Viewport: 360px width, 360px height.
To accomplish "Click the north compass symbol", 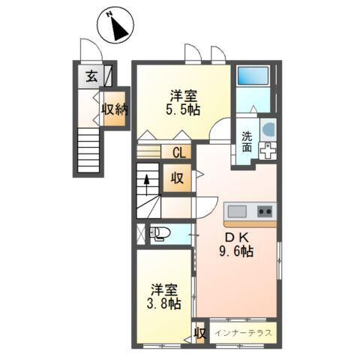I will (x=119, y=27).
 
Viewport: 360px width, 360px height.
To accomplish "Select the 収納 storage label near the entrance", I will (x=115, y=109).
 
